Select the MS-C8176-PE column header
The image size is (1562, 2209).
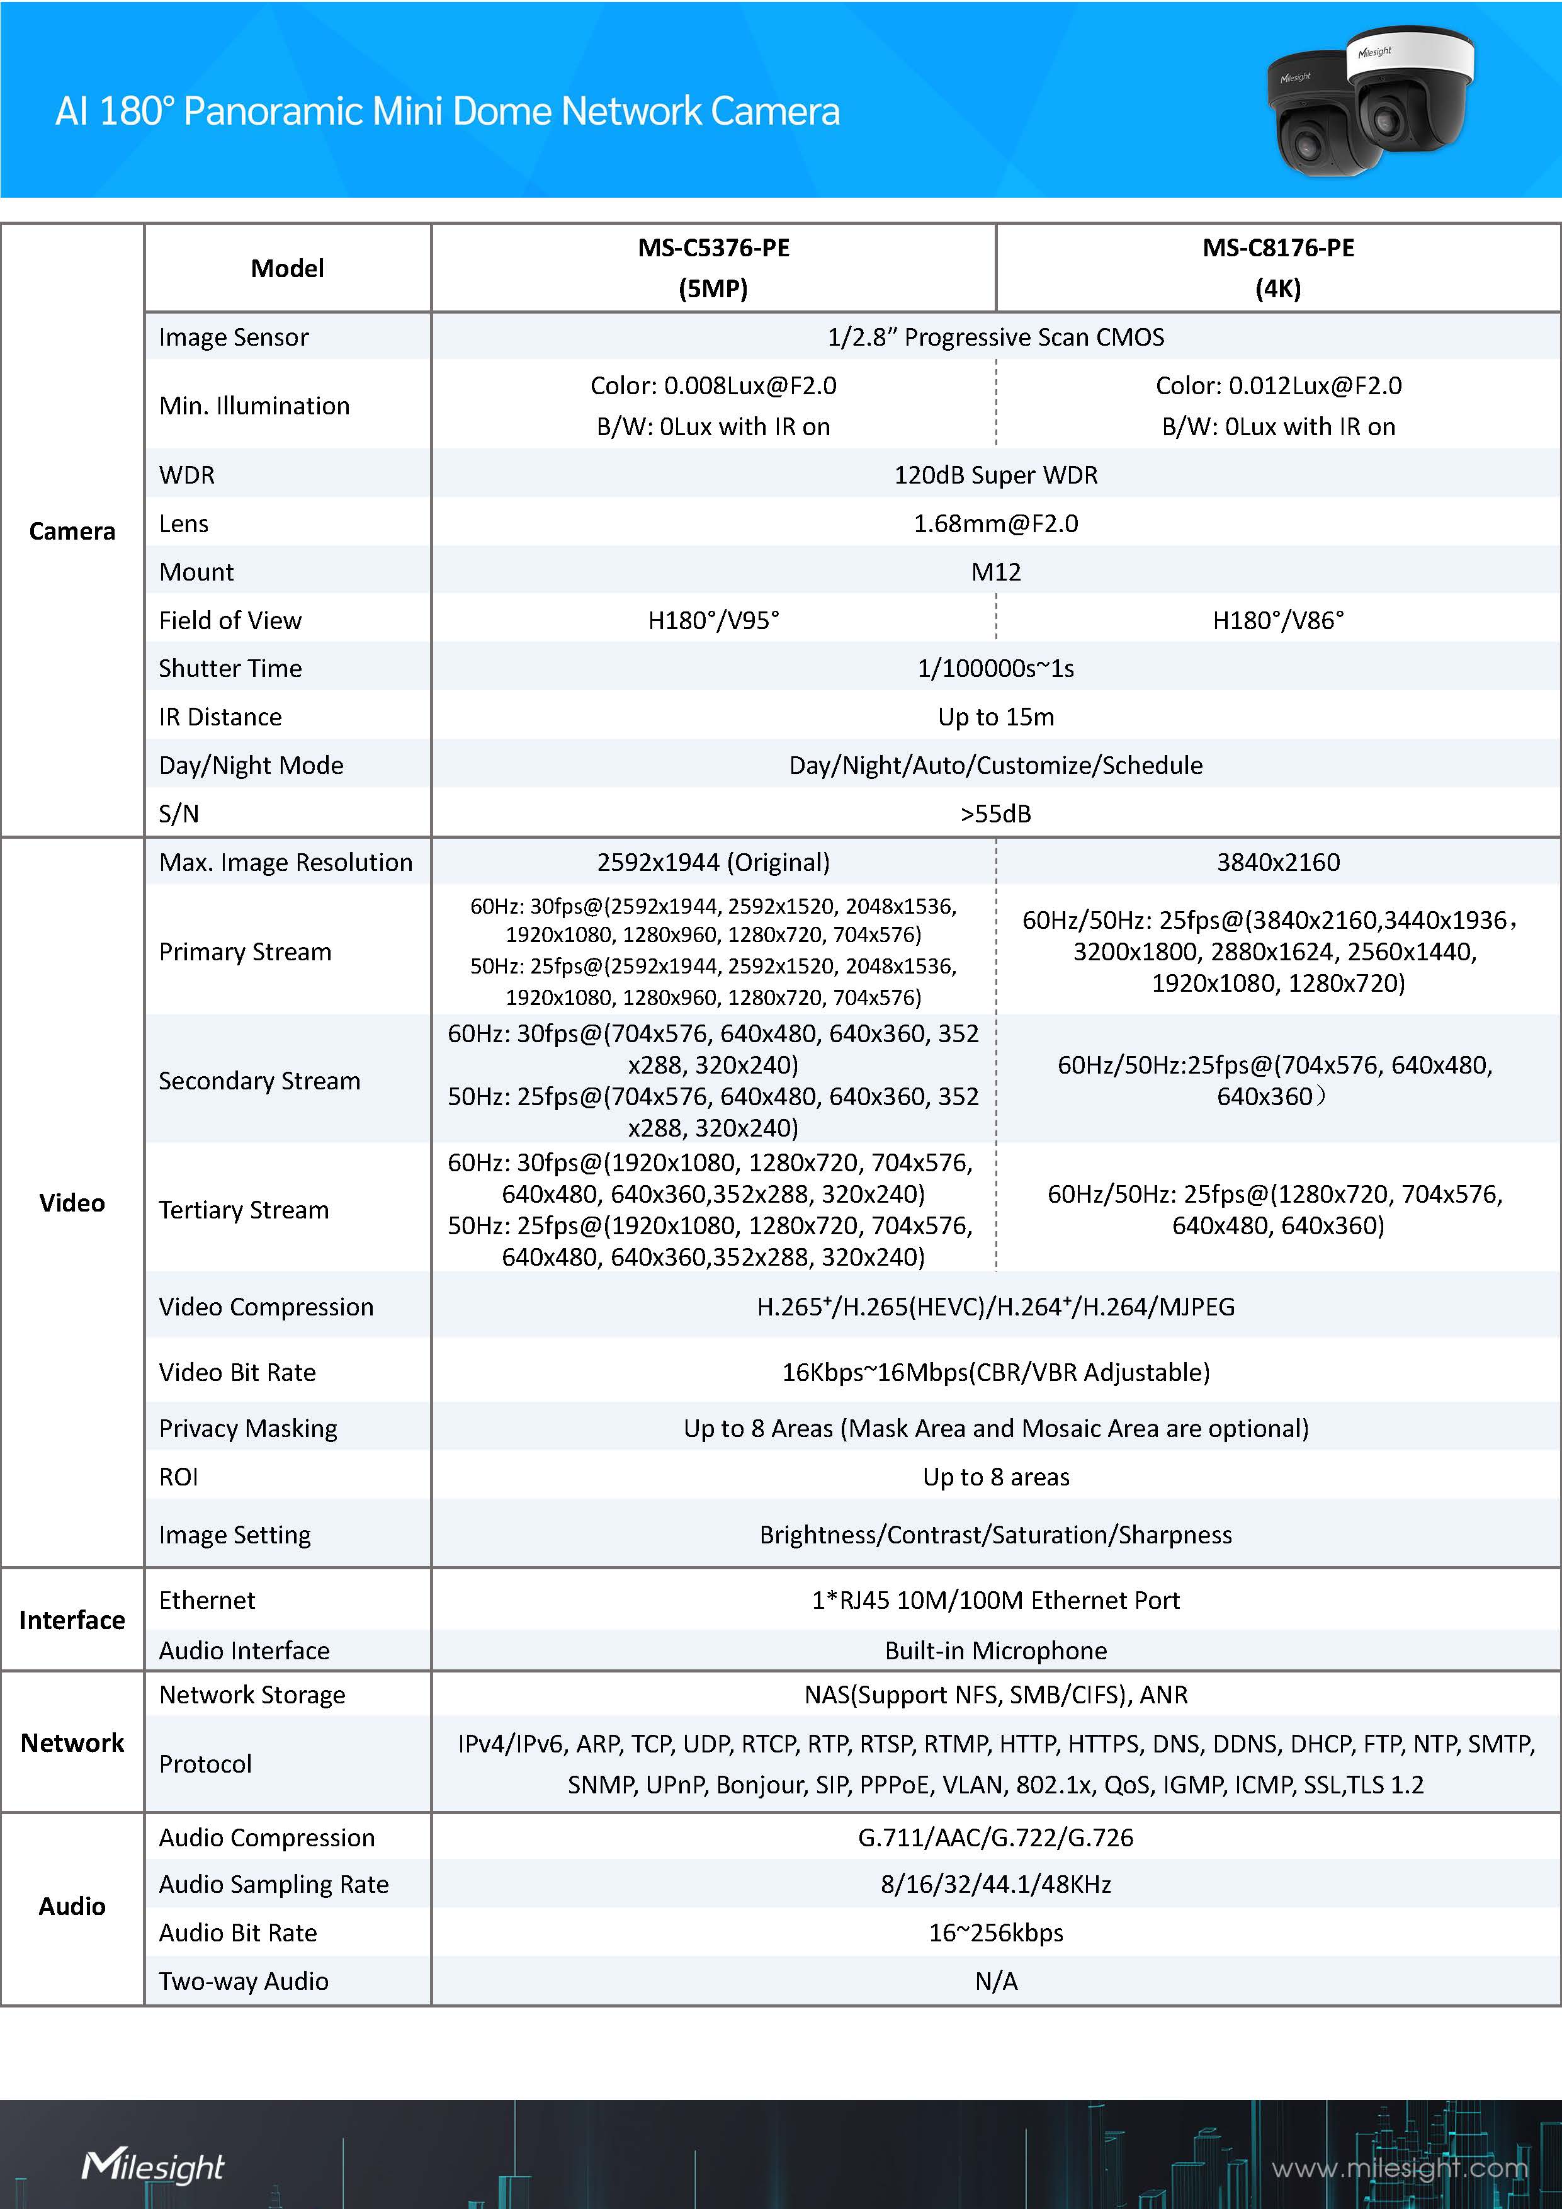coord(1277,268)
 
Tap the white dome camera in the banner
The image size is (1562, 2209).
coord(1413,87)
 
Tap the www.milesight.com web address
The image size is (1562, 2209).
coord(1400,2167)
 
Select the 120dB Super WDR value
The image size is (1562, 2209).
coord(995,475)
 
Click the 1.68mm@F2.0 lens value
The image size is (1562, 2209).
coord(995,523)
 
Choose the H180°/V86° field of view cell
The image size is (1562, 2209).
coord(1277,620)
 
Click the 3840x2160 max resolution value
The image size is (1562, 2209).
coord(1277,862)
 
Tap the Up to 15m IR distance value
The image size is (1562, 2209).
coord(995,717)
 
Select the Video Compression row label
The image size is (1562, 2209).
coord(266,1307)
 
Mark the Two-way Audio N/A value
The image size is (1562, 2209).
coord(995,1981)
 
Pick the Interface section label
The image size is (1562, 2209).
coord(72,1620)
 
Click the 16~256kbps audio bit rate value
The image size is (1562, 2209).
coord(995,1933)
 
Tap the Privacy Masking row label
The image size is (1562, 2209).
coord(248,1429)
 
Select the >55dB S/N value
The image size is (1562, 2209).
coord(995,814)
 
